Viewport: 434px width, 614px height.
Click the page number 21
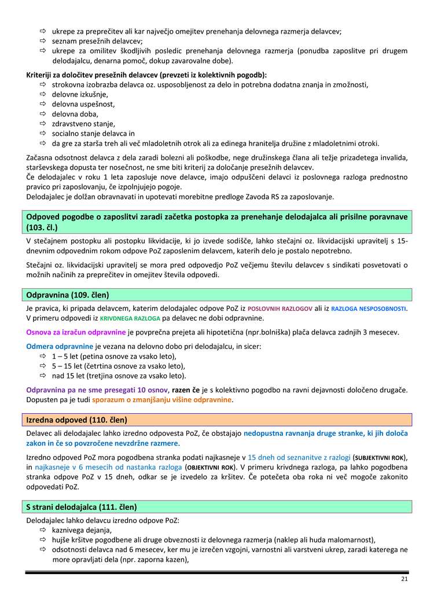click(404, 579)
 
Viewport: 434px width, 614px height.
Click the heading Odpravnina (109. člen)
click(68, 295)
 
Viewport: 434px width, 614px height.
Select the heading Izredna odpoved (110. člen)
click(77, 420)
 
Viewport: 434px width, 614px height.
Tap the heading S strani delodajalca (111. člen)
click(82, 507)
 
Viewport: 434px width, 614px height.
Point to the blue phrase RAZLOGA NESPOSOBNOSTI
click(369, 309)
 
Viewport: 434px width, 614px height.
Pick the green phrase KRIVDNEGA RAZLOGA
click(130, 319)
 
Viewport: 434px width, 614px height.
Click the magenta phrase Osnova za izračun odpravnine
click(76, 332)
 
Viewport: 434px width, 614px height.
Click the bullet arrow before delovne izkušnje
click(43, 94)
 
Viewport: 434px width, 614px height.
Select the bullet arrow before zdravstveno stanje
click(43, 123)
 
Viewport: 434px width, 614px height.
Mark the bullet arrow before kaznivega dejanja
click(43, 530)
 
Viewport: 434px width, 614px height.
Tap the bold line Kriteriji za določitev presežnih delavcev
click(146, 75)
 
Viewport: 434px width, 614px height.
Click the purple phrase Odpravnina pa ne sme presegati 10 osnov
click(97, 390)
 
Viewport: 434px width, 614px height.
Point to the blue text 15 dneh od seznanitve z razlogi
click(299, 457)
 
